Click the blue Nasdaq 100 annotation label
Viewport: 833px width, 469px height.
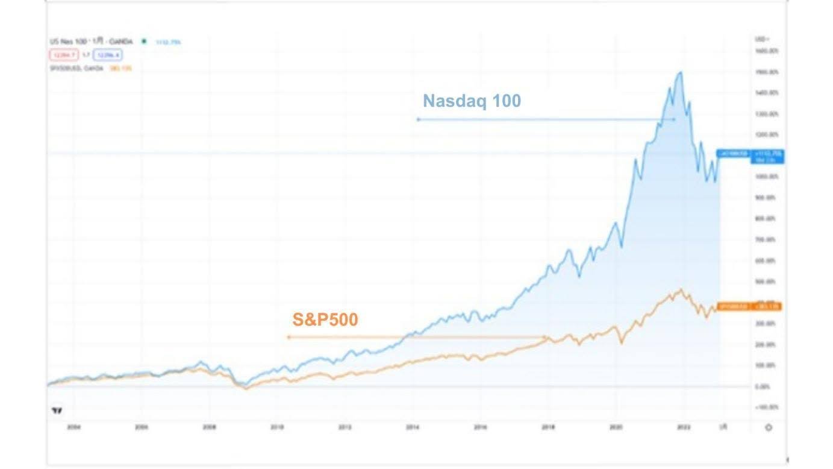(x=472, y=101)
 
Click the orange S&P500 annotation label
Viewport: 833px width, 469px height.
(x=325, y=319)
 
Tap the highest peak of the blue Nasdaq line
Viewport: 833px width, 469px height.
(x=681, y=72)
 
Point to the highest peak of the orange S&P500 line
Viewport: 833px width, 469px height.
(x=681, y=289)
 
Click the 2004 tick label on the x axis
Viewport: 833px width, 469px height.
(x=73, y=427)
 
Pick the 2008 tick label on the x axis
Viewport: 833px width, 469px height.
(x=209, y=427)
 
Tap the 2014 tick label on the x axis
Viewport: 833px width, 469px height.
(x=413, y=427)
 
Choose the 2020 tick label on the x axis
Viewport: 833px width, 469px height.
(x=616, y=427)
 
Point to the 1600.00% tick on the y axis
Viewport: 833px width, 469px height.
(x=766, y=51)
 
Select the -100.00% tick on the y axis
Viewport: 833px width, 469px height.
(x=766, y=408)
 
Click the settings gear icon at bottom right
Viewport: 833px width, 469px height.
(x=768, y=427)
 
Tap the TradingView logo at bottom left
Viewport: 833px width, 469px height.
(x=57, y=411)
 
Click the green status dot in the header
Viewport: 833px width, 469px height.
(x=144, y=42)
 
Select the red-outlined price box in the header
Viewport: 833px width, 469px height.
(x=63, y=55)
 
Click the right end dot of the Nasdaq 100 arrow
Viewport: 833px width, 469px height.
(x=675, y=119)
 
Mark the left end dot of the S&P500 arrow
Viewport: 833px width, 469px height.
(x=289, y=337)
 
